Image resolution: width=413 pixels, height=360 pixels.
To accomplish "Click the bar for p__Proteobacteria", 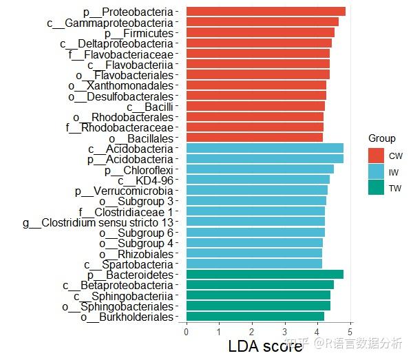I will point(265,12).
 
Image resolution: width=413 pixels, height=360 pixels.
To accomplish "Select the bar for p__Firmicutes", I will point(260,32).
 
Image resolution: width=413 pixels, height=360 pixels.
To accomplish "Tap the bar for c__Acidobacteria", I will point(264,148).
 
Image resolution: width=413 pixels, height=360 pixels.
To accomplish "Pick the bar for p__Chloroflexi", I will point(260,169).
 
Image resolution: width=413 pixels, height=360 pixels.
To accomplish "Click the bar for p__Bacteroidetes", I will point(264,275).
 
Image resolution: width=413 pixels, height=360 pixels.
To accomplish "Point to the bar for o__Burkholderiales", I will point(255,317).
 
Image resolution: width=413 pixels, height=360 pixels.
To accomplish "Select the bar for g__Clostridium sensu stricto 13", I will point(255,222).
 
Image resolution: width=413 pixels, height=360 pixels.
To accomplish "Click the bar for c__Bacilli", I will point(255,106).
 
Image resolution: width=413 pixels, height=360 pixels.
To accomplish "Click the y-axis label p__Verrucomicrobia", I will point(124,191).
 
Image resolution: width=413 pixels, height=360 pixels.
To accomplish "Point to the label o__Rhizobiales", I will point(135,254).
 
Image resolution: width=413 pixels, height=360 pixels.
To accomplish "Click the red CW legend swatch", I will point(376,156).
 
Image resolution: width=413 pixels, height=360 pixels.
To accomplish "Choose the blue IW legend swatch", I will point(376,172).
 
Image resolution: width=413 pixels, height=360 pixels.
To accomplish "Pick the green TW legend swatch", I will point(376,188).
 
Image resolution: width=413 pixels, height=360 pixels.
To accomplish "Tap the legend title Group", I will point(381,138).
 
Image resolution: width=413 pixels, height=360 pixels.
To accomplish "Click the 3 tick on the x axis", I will point(285,332).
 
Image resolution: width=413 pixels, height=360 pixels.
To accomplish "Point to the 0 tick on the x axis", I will point(187,332).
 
